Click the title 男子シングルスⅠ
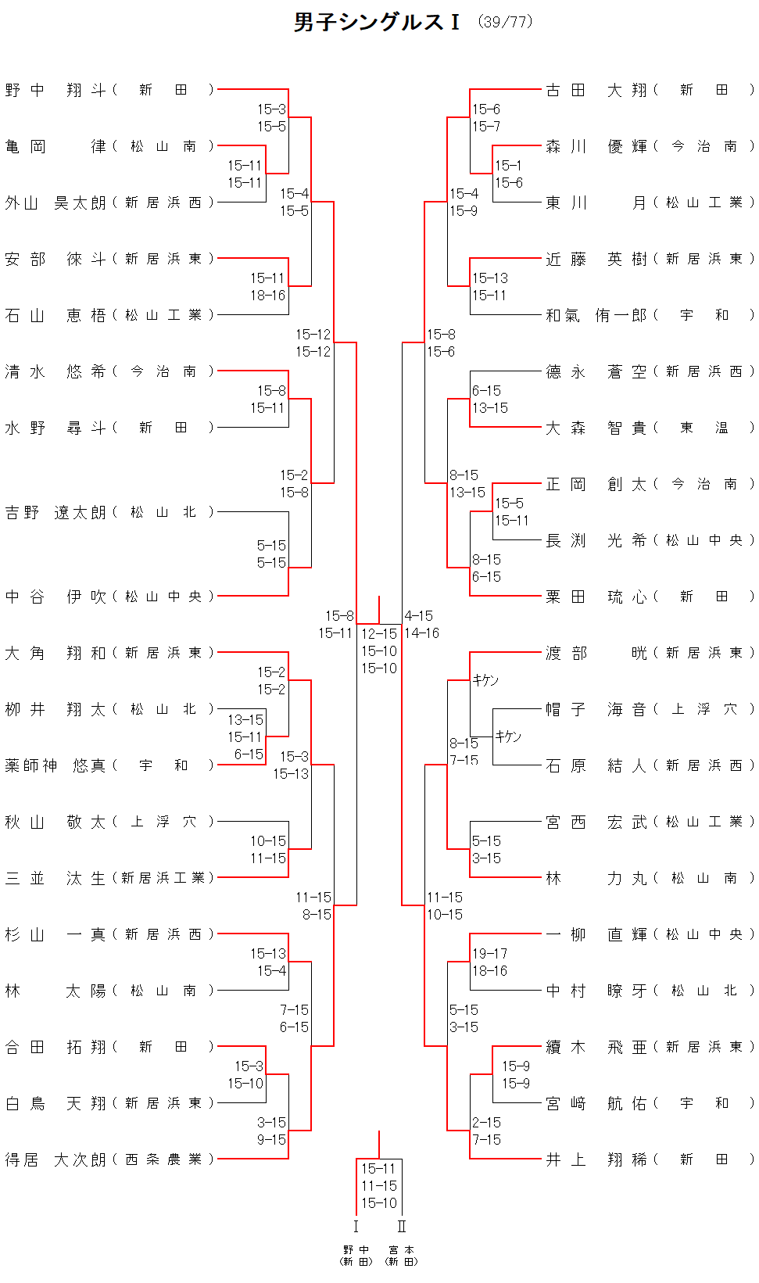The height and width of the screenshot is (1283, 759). [x=377, y=22]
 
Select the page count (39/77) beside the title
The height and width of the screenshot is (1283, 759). [x=506, y=22]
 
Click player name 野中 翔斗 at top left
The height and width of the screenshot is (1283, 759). [x=55, y=90]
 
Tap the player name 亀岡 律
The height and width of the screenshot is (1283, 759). [x=55, y=146]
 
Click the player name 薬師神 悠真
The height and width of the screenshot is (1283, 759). [x=55, y=765]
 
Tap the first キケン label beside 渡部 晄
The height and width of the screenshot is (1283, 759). [x=485, y=680]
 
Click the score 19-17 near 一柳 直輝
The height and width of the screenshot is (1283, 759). [x=489, y=953]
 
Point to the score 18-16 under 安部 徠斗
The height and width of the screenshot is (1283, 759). [x=267, y=296]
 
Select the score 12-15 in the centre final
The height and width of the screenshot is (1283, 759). [x=379, y=634]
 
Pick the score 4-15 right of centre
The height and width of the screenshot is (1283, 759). [x=418, y=616]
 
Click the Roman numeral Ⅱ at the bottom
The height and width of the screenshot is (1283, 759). [x=402, y=1227]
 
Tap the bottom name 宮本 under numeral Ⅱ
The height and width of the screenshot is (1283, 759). [x=402, y=1250]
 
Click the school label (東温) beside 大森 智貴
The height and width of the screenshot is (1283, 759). [x=704, y=428]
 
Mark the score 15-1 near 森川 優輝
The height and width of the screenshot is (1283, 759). [x=508, y=166]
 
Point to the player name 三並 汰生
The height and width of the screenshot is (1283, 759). [x=55, y=878]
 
